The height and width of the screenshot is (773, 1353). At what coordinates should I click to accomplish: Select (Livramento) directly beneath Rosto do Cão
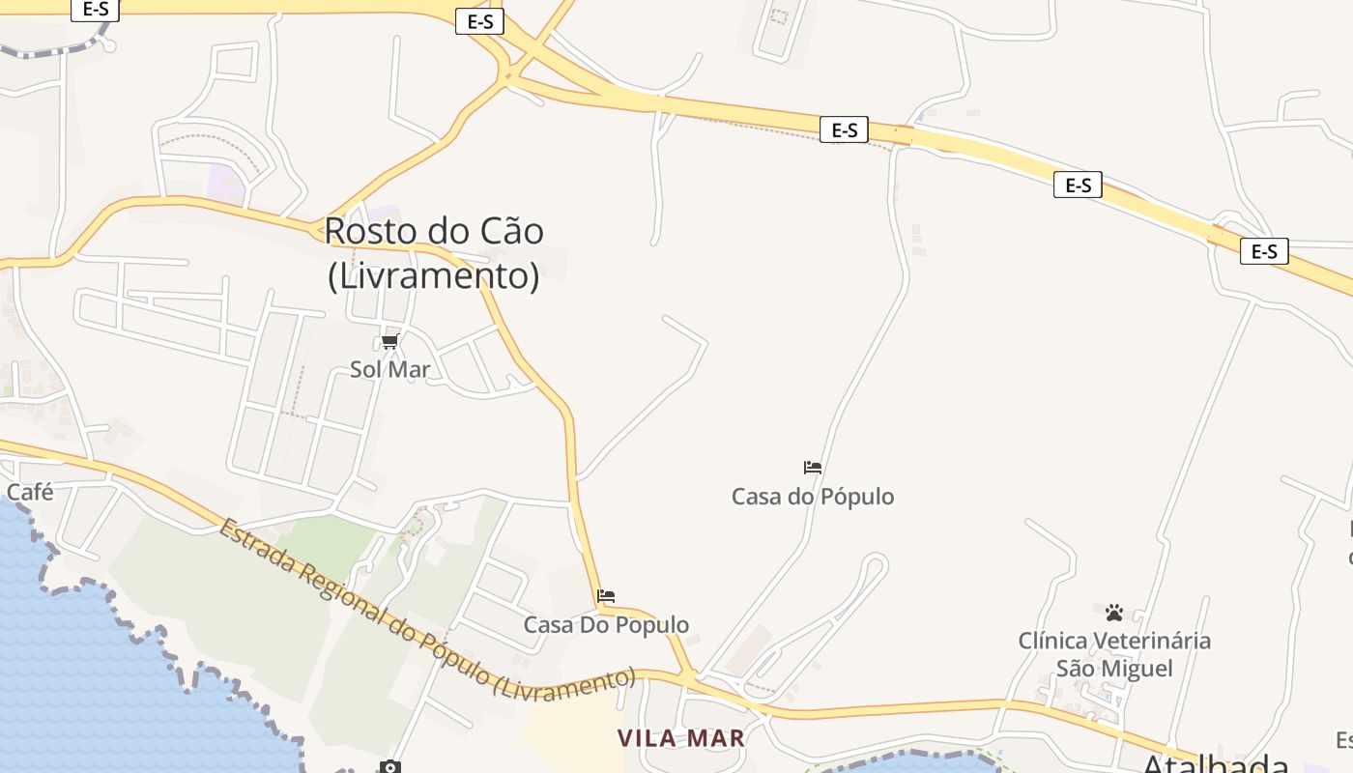click(x=434, y=276)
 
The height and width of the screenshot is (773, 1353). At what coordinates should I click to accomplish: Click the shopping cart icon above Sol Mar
click(x=390, y=342)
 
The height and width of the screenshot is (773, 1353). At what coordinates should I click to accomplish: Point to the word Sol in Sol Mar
click(x=364, y=370)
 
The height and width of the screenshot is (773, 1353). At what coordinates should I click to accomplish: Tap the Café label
click(x=30, y=492)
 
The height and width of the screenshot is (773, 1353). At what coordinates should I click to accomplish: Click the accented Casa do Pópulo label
click(x=813, y=497)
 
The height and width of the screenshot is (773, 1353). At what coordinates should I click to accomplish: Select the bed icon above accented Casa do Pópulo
click(x=813, y=468)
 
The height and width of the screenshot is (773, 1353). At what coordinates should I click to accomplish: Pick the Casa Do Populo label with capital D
click(x=606, y=625)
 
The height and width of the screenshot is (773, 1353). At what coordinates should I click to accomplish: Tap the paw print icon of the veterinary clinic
click(x=1114, y=613)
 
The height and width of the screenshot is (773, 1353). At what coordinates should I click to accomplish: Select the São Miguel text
click(x=1114, y=669)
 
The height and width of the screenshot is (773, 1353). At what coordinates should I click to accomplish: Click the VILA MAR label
click(x=681, y=739)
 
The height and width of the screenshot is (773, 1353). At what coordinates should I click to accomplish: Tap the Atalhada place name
click(x=1216, y=763)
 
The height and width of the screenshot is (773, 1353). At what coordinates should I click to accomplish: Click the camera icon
click(x=389, y=767)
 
